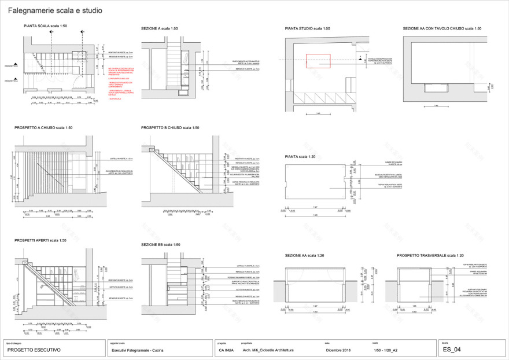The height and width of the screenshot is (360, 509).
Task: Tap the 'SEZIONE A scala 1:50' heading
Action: click(x=159, y=28)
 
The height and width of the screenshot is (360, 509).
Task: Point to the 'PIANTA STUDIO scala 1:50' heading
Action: click(x=308, y=28)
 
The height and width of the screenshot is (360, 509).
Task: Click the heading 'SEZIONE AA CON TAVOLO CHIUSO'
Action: click(x=441, y=28)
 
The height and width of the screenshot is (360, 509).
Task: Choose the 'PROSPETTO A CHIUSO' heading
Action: click(x=40, y=127)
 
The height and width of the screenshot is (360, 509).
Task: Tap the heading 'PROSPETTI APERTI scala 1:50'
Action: click(x=40, y=240)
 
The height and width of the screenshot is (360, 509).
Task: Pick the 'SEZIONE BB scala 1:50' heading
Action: click(x=161, y=244)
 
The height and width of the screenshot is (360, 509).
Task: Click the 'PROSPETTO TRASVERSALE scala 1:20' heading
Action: click(x=430, y=255)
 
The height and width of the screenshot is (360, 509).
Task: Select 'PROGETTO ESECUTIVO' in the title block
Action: click(x=30, y=350)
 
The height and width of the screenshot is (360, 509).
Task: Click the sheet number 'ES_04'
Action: click(x=452, y=350)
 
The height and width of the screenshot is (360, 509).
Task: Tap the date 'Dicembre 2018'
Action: click(x=338, y=350)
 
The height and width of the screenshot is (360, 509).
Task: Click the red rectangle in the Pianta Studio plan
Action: click(x=318, y=62)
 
